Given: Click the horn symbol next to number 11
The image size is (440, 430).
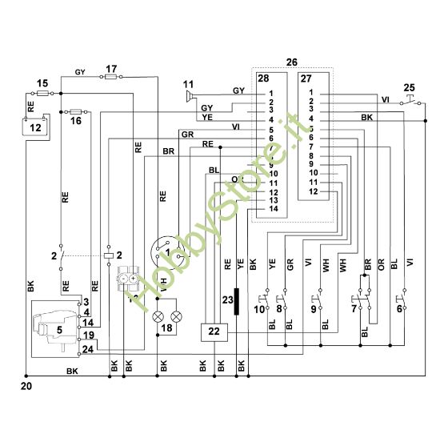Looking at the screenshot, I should point(190,96).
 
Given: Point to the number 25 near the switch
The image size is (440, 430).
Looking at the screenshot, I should point(409,86).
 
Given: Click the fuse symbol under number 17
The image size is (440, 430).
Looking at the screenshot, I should point(110,78).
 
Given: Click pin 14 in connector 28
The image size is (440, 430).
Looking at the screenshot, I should point(272,208).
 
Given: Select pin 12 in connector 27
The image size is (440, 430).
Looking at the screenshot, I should point(313,191).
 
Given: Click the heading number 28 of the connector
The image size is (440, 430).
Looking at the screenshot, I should point(262,78).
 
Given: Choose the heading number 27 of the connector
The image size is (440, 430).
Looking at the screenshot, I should point(306,78).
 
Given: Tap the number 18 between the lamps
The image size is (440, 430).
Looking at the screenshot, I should point(167,329).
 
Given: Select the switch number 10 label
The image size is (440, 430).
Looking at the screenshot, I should point(259,308).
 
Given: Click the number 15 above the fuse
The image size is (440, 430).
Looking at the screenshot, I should point(42,83).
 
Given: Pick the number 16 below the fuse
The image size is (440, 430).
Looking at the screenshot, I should point(76,122).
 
